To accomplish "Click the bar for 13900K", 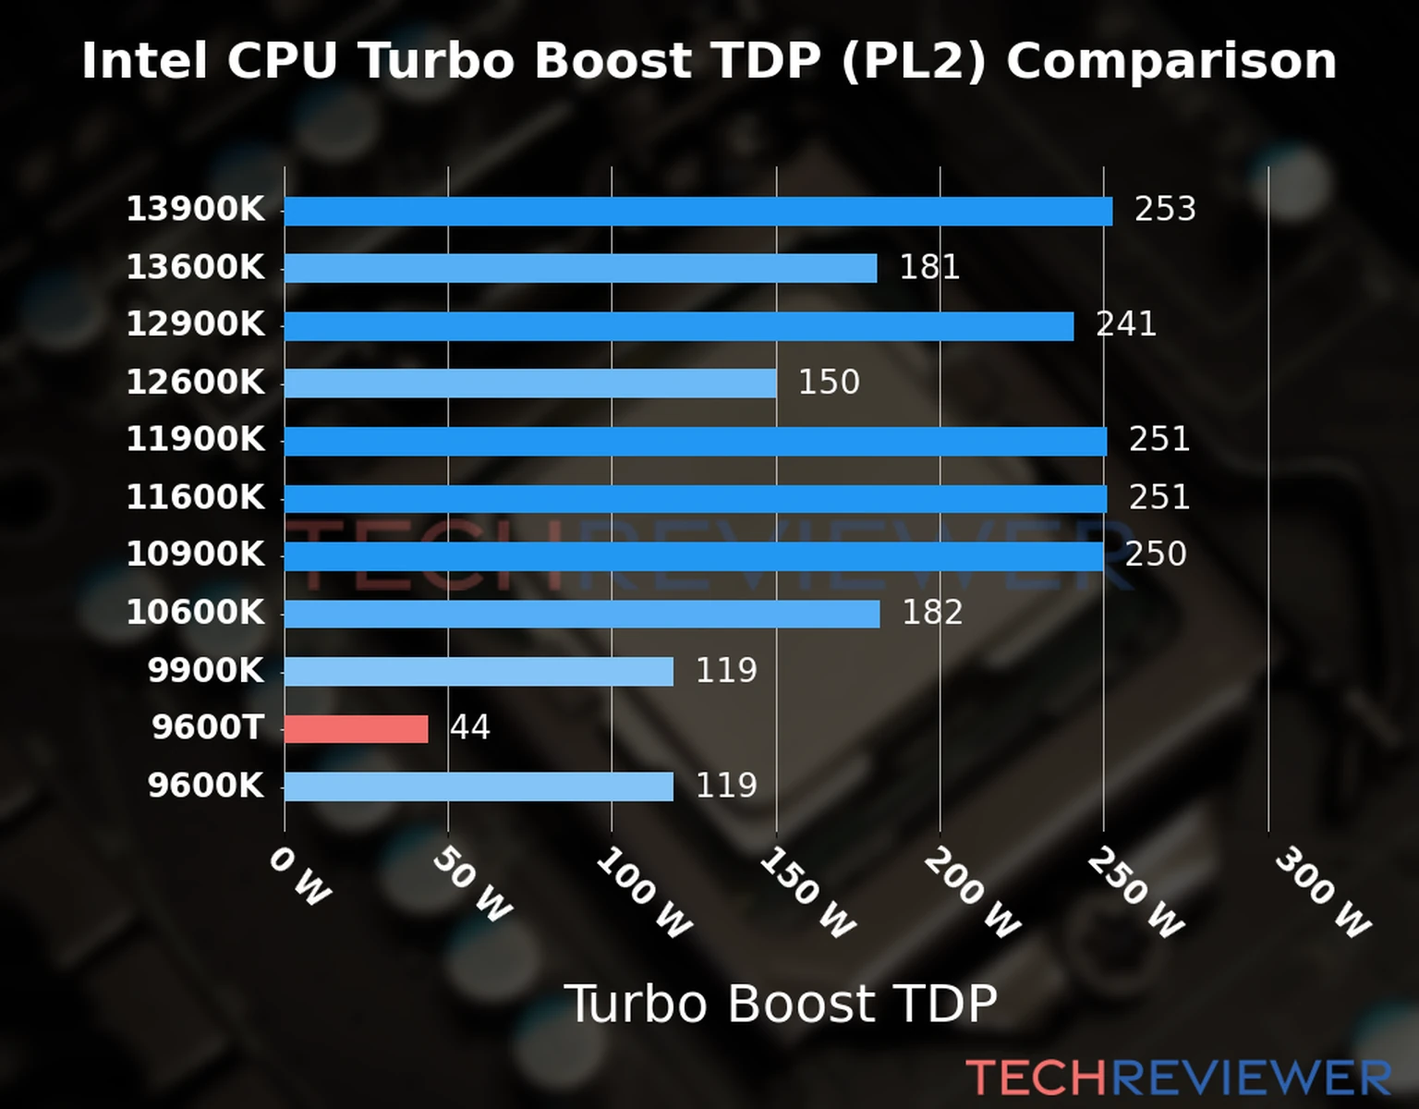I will [x=697, y=211].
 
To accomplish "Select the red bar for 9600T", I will [x=356, y=729].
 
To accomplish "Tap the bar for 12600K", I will [x=529, y=383].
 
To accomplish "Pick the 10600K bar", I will [x=581, y=614].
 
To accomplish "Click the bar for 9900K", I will [x=478, y=671].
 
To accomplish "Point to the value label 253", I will [x=1165, y=210].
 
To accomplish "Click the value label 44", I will [x=469, y=728].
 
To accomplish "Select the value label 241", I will [x=1125, y=324].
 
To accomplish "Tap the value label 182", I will [x=931, y=613].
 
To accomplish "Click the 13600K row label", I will [x=195, y=268].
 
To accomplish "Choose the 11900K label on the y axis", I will [x=195, y=440].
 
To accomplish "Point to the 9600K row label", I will [x=205, y=786].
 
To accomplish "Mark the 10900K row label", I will [x=195, y=555].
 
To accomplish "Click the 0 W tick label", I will [x=299, y=877].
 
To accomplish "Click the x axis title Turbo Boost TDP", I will [x=781, y=1004].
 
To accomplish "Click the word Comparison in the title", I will [x=1170, y=61].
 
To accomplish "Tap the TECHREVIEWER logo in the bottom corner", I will [x=1178, y=1078].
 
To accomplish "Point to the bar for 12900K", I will [x=678, y=326].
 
